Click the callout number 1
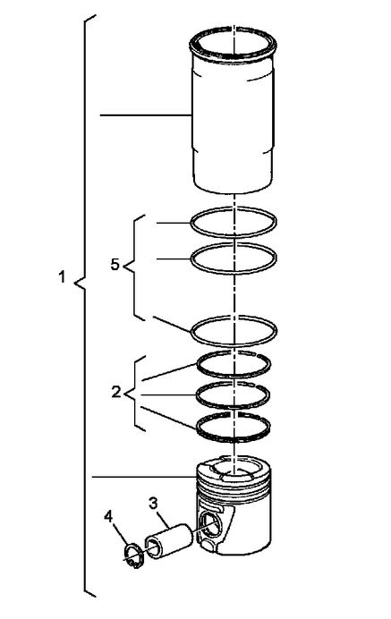pyautogui.click(x=62, y=276)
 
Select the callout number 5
pyautogui.click(x=115, y=265)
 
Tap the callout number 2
pyautogui.click(x=116, y=392)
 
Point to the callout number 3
pyautogui.click(x=153, y=503)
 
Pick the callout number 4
pyautogui.click(x=108, y=516)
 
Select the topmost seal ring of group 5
pyautogui.click(x=191, y=223)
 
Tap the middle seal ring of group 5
pyautogui.click(x=191, y=259)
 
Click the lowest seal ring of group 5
pyautogui.click(x=191, y=332)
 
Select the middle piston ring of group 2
pyautogui.click(x=197, y=394)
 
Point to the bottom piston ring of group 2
pyautogui.click(x=198, y=428)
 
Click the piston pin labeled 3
pyautogui.click(x=170, y=541)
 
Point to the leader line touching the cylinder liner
pyautogui.click(x=146, y=114)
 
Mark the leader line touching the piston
pyautogui.click(x=144, y=477)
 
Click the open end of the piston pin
pyautogui.click(x=153, y=547)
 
